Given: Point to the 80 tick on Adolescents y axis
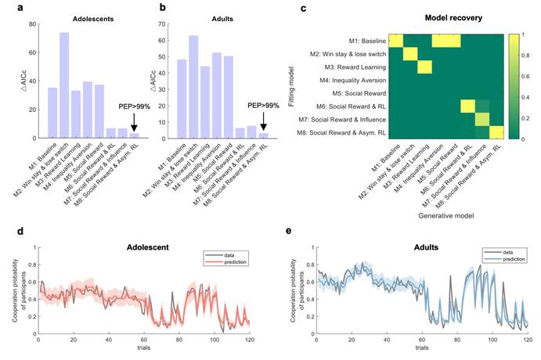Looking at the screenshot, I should (31, 24).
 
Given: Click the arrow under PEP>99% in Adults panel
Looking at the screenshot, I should (264, 121).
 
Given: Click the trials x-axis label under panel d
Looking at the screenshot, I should (144, 349).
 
